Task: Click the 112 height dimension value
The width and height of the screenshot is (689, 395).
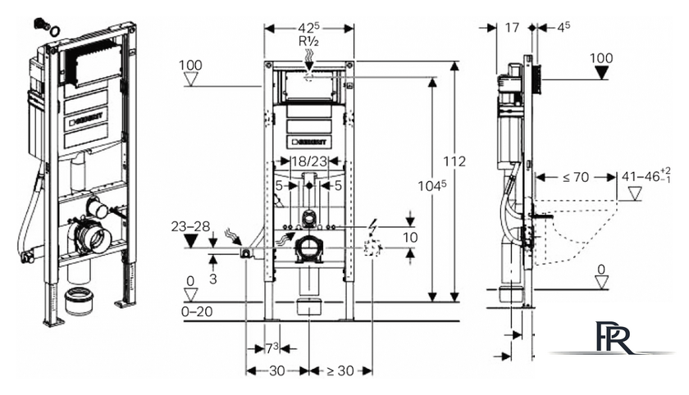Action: pos(454,161)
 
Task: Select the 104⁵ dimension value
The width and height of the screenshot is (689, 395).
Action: pos(432,185)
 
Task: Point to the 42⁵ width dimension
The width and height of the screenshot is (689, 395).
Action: pos(309,28)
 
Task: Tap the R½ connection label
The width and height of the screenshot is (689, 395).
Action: pos(309,42)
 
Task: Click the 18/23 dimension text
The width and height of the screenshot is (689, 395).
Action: pos(310,161)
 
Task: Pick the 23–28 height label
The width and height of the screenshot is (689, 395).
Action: pos(190,226)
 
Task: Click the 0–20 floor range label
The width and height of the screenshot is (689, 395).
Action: pos(197,311)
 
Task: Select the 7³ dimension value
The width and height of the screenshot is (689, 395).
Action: pos(272,348)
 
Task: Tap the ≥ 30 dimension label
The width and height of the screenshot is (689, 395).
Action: pos(340,371)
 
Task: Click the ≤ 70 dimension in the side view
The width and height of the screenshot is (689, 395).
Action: pos(576,177)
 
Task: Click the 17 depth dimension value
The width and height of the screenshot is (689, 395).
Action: pos(512,28)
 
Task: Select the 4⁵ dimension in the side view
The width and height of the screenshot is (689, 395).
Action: pos(564,27)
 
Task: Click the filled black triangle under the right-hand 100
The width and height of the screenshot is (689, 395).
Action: pos(601,73)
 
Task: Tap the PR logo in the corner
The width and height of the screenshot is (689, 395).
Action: pos(614,337)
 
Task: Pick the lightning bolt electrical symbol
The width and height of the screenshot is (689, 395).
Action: pos(372,226)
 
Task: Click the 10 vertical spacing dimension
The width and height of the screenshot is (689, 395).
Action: pos(410,238)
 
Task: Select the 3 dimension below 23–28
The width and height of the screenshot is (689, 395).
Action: pos(213,279)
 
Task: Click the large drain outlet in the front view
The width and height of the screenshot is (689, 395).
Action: pos(310,249)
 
